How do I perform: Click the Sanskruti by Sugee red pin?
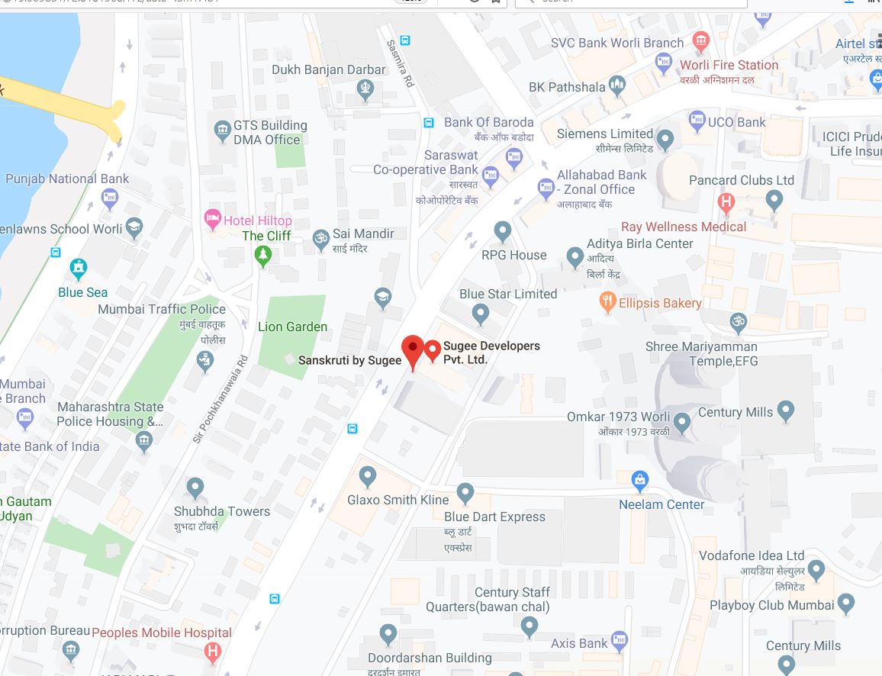[x=413, y=349]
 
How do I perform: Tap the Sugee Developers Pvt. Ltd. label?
[x=491, y=352]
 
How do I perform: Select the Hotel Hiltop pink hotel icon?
[x=213, y=221]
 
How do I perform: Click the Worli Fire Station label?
[x=729, y=65]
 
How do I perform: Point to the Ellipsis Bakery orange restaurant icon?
[x=608, y=302]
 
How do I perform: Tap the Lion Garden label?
[x=292, y=327]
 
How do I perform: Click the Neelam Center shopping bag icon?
[x=640, y=481]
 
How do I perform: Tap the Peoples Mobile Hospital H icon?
[x=213, y=651]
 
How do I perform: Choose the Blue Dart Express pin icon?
[x=465, y=493]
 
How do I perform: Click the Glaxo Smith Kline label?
[x=398, y=500]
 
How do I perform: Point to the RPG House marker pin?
[x=502, y=230]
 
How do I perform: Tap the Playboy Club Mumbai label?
[x=771, y=605]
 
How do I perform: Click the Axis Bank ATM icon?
[x=619, y=642]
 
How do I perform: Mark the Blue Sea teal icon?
[x=78, y=269]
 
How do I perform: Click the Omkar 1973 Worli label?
[x=618, y=417]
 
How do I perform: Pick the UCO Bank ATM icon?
[x=697, y=121]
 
